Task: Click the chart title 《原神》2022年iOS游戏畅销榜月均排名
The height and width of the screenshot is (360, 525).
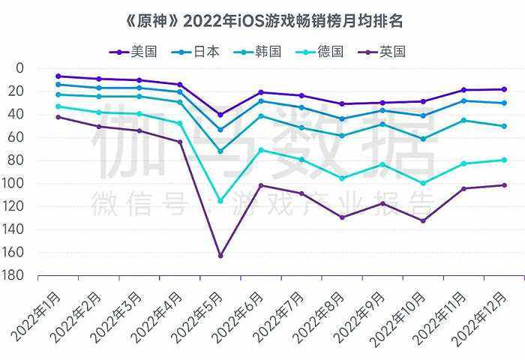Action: (262, 18)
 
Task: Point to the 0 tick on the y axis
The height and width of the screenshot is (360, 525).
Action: (19, 68)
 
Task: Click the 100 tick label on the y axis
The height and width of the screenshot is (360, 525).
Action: (15, 183)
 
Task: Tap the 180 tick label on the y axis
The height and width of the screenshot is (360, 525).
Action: (15, 275)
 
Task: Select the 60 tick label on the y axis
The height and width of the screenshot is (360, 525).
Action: (17, 137)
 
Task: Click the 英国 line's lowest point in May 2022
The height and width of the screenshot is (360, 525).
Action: (220, 256)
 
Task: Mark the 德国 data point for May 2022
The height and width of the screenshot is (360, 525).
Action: (220, 201)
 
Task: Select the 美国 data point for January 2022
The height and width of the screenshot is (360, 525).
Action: (58, 76)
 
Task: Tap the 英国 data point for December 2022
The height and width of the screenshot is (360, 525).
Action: (504, 185)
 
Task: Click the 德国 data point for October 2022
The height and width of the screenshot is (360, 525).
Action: (423, 183)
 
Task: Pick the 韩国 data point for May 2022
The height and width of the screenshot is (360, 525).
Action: (220, 151)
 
